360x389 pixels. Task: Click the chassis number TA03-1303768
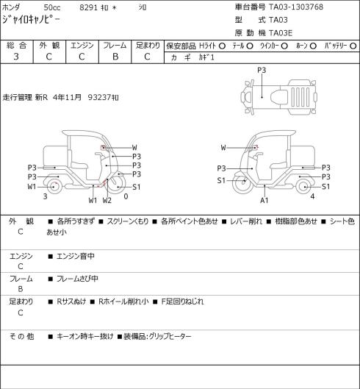pyautogui.click(x=296, y=7)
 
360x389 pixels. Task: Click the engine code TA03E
pyautogui.click(x=281, y=33)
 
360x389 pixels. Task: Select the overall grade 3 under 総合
pyautogui.click(x=16, y=57)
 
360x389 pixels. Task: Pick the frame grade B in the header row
pyautogui.click(x=115, y=57)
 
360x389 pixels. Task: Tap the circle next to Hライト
pyautogui.click(x=222, y=46)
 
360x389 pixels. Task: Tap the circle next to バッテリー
pyautogui.click(x=353, y=46)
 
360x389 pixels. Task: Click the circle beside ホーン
pyautogui.click(x=313, y=46)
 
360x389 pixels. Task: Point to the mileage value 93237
pyautogui.click(x=99, y=97)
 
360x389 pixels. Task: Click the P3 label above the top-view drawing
pyautogui.click(x=262, y=71)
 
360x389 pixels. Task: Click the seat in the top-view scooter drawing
pyautogui.click(x=279, y=97)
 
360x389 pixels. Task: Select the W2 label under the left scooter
pyautogui.click(x=107, y=200)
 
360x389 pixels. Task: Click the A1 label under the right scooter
pyautogui.click(x=264, y=200)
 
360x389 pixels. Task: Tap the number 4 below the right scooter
pyautogui.click(x=312, y=196)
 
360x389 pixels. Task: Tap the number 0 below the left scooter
pyautogui.click(x=126, y=196)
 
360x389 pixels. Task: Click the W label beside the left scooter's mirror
pyautogui.click(x=134, y=148)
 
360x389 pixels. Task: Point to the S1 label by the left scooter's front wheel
pyautogui.click(x=137, y=187)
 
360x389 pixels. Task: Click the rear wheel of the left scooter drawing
pyautogui.click(x=54, y=187)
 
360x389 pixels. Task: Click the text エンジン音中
pyautogui.click(x=76, y=256)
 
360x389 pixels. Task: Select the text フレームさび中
pyautogui.click(x=77, y=279)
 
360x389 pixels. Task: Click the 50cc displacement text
pyautogui.click(x=52, y=7)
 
